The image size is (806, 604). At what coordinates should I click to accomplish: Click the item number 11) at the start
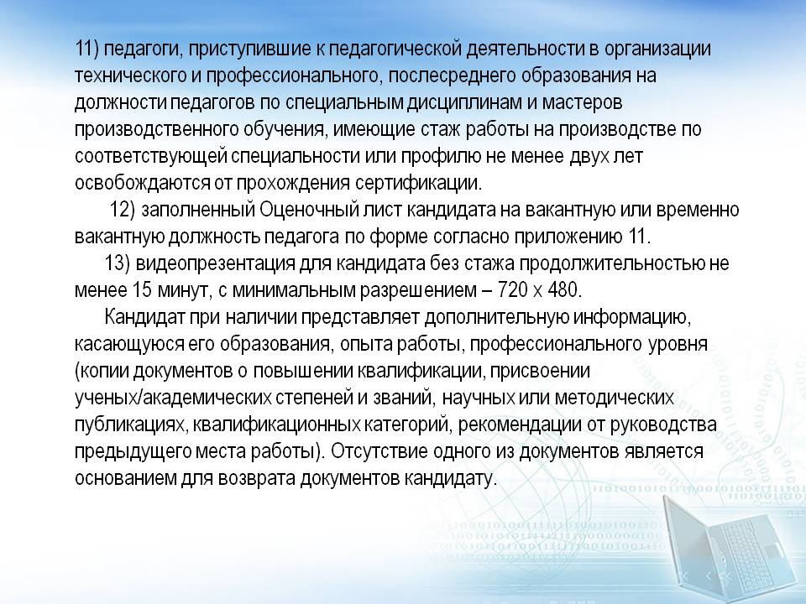click(86, 49)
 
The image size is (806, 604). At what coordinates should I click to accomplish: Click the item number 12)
click(122, 210)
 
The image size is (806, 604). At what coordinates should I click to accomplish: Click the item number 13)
click(118, 263)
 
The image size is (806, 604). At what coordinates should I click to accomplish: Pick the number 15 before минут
click(142, 290)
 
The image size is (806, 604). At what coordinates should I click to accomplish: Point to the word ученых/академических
click(173, 398)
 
